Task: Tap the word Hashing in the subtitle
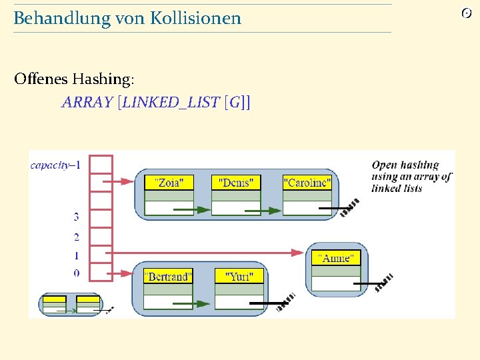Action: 101,79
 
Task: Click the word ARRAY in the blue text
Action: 87,102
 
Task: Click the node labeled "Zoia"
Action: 169,183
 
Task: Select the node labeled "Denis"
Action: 236,183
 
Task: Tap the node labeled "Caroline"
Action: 307,183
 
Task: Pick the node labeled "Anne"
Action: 336,258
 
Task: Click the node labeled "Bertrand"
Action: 168,276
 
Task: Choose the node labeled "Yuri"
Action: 239,276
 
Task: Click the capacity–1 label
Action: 55,164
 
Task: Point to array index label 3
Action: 76,217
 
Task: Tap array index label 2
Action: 76,237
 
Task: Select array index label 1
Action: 76,255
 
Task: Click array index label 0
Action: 76,273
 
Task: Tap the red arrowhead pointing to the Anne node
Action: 298,252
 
